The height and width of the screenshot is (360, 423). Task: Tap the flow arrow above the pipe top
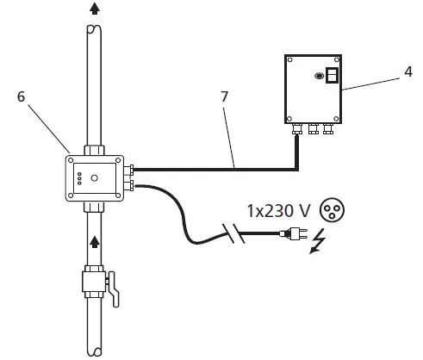[93, 8]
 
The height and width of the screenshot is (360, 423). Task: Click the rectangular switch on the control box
[332, 76]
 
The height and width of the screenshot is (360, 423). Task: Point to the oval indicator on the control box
[319, 77]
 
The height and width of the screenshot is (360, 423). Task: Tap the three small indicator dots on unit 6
[78, 179]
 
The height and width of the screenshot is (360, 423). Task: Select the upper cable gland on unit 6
[129, 170]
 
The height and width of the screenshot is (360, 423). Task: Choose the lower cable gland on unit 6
[129, 184]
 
